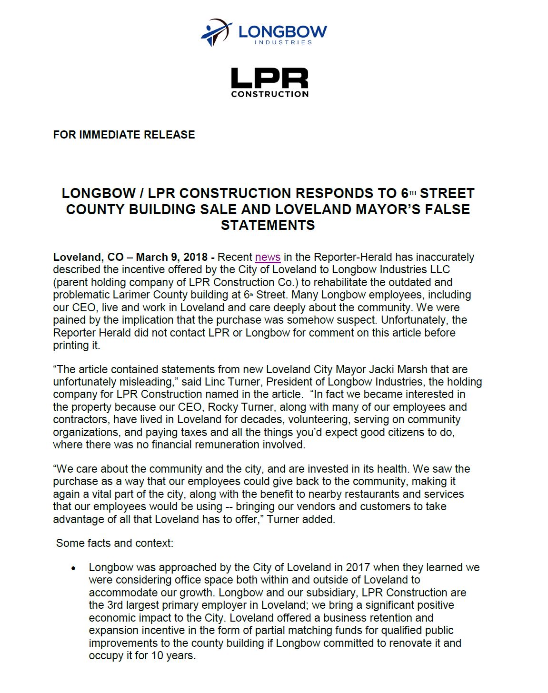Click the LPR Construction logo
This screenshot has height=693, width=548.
coord(269,82)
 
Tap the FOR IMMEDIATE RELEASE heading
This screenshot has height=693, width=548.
coord(124,135)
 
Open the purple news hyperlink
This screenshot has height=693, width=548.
coord(268,257)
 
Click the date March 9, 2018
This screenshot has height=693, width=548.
coord(172,257)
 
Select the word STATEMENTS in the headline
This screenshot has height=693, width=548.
coord(268,225)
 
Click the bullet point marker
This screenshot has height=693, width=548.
coord(73,568)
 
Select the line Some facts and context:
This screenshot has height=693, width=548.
coord(115,543)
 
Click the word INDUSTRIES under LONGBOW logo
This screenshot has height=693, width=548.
coord(283,42)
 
